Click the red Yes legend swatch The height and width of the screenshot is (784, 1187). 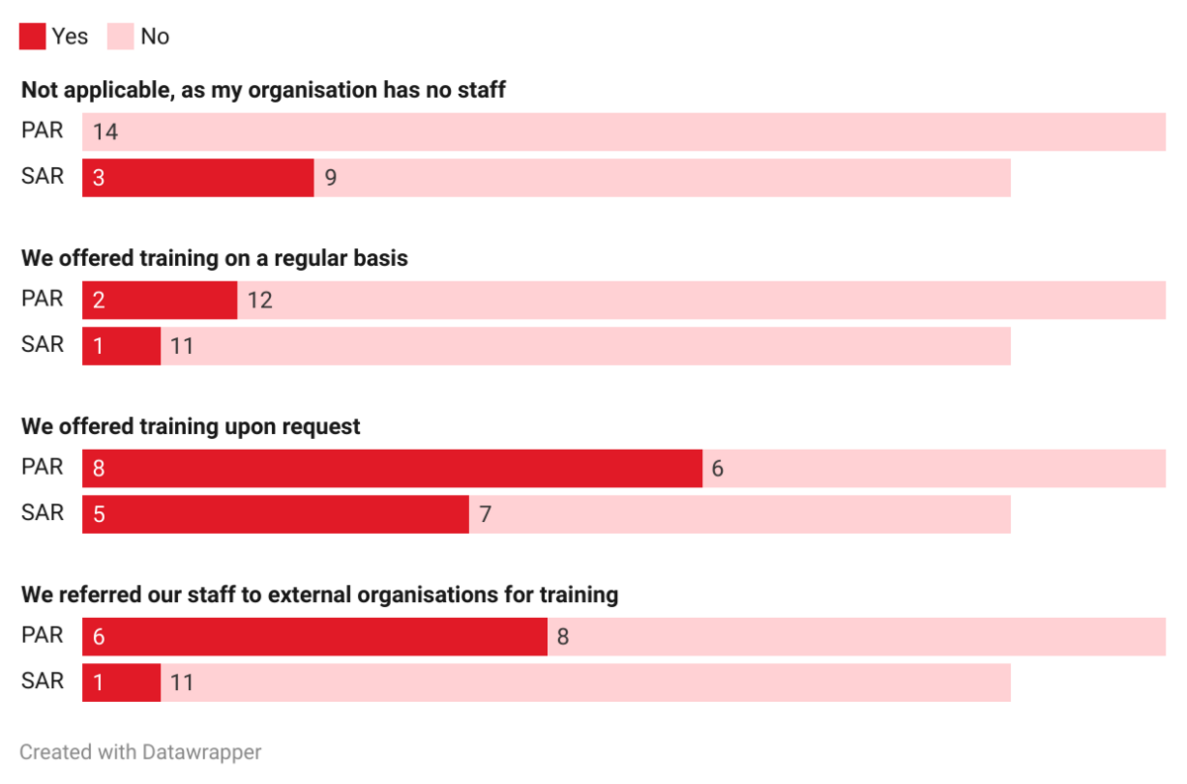[x=33, y=37]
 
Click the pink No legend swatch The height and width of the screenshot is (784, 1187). [x=121, y=37]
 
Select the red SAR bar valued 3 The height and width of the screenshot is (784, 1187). [x=198, y=178]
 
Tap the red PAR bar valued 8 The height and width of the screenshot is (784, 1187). [x=392, y=469]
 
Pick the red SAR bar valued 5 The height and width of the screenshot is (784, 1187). [x=275, y=514]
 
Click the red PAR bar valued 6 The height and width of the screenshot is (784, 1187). [x=315, y=637]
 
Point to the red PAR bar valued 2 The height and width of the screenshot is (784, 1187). [x=159, y=301]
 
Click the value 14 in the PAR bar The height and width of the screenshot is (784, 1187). [x=105, y=131]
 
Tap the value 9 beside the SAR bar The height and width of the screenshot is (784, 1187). [x=330, y=179]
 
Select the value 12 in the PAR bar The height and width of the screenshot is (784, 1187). [x=259, y=301]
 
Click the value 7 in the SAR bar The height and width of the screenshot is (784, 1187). [x=485, y=515]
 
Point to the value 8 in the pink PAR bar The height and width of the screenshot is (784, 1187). [x=563, y=638]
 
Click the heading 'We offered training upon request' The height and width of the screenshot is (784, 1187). [x=191, y=427]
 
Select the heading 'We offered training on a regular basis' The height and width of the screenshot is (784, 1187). [x=215, y=259]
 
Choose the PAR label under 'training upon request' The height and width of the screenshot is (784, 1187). [x=43, y=467]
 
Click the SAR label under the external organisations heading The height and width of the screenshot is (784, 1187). [x=43, y=681]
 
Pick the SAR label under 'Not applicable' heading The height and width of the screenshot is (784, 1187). [x=43, y=177]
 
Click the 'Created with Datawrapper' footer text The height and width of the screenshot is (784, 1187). [x=140, y=752]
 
